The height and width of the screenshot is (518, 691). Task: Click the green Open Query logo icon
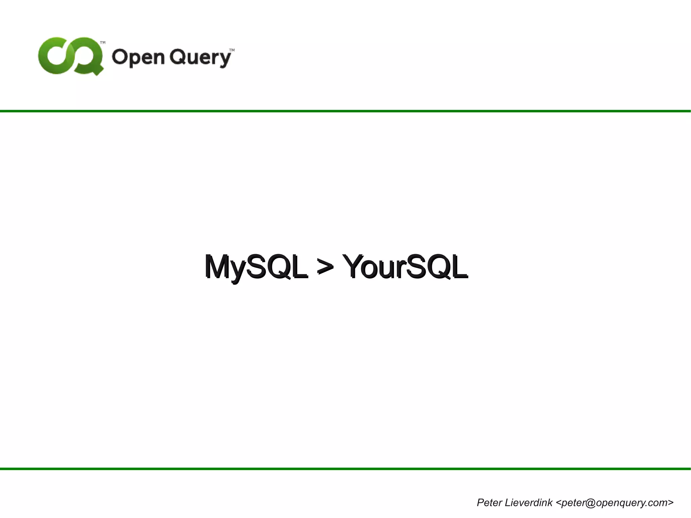[70, 56]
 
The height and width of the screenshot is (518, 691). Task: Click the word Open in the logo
[138, 57]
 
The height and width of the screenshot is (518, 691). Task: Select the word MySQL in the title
[256, 267]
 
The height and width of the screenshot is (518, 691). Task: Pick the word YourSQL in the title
[405, 267]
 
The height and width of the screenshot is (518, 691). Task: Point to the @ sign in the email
[590, 503]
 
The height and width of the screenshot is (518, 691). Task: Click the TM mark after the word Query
[232, 50]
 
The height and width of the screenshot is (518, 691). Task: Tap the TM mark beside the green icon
[103, 43]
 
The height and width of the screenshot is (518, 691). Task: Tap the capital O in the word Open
[120, 56]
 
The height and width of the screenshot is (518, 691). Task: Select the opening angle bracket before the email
[558, 503]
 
